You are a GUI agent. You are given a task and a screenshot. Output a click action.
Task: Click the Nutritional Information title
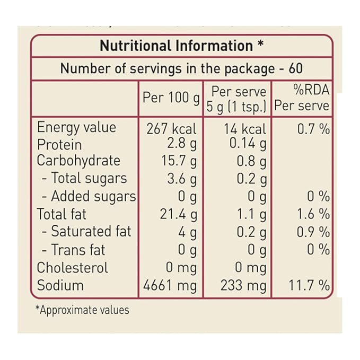click(181, 46)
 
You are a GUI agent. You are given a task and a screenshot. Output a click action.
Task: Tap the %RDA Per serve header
click(302, 98)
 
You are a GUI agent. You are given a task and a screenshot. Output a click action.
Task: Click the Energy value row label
click(76, 128)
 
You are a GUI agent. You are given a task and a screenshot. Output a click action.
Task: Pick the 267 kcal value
click(171, 129)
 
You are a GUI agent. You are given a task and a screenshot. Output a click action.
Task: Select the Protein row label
click(59, 145)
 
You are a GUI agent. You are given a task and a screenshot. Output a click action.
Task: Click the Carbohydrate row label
click(78, 161)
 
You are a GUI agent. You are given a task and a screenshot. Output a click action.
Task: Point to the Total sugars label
click(85, 178)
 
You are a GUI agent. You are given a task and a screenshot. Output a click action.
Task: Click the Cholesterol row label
click(72, 268)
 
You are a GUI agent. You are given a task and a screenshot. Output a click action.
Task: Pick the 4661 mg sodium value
click(170, 286)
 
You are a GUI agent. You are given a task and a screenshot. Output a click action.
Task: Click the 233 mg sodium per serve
click(243, 286)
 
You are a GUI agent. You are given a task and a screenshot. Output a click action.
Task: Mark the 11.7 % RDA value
click(309, 286)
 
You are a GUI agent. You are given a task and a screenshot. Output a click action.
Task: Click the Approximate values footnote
click(82, 310)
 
